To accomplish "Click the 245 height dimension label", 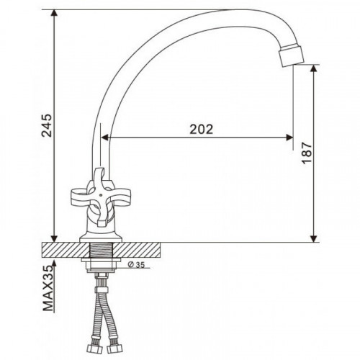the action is tap(47, 125).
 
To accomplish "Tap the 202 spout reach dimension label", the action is tap(202, 130).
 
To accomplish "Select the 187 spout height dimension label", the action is tap(307, 153).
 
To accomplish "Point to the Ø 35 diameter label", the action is tap(136, 265).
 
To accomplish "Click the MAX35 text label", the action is tap(48, 289).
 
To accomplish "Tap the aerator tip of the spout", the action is tap(292, 56).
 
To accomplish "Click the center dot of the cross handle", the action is tap(101, 195).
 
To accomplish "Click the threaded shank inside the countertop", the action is tap(102, 250).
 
